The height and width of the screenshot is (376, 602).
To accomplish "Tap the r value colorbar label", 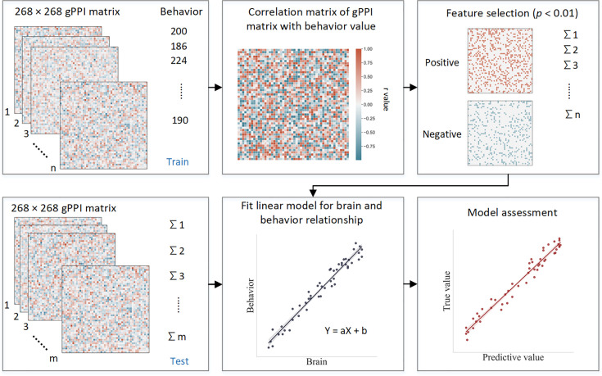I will click(385, 104).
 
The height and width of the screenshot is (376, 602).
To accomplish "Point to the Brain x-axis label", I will click(318, 360).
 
